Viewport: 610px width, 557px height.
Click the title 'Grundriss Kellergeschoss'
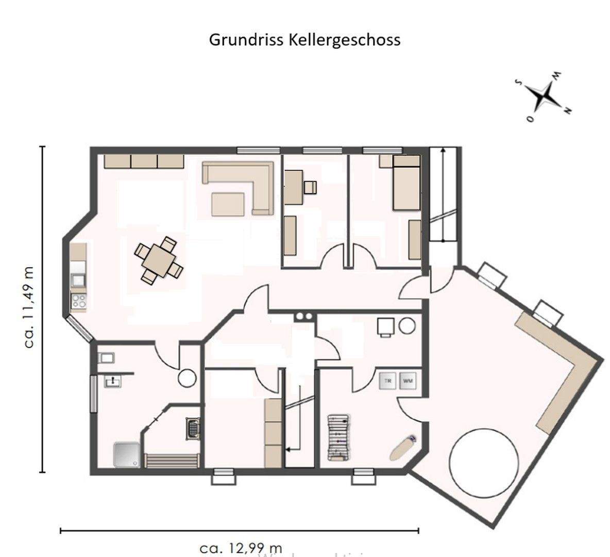pos(304,40)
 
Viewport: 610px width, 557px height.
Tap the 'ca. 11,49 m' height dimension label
pos(29,307)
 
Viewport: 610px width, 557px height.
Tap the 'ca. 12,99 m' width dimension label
pos(241,548)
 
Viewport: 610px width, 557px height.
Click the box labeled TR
pos(388,381)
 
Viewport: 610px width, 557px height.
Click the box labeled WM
pos(407,381)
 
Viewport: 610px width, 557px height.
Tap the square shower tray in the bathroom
pos(126,454)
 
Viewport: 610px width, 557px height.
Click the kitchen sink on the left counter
pos(78,280)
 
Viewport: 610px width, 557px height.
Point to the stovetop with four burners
pos(78,301)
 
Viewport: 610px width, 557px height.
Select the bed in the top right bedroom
pos(406,183)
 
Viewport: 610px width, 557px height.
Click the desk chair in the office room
pos(311,187)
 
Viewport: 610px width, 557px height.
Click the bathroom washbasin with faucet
pos(112,381)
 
